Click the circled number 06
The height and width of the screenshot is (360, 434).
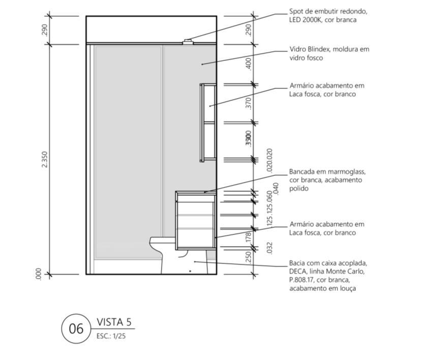point(76,328)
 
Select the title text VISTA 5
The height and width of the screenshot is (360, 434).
point(114,322)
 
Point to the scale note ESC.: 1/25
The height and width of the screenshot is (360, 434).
point(110,336)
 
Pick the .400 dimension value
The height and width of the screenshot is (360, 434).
point(248,64)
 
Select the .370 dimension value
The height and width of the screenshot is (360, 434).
point(248,103)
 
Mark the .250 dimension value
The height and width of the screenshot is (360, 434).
point(248,257)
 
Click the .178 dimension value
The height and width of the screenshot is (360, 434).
point(248,237)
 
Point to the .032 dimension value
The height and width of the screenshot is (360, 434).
point(269,248)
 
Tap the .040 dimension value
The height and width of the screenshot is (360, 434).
point(276,189)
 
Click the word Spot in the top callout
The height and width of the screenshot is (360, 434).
point(297,11)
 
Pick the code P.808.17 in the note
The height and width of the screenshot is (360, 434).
point(302,280)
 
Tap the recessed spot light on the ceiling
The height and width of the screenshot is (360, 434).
point(188,42)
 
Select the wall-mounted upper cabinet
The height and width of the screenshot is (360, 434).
point(208,122)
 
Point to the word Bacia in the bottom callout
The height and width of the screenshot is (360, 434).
point(298,263)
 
